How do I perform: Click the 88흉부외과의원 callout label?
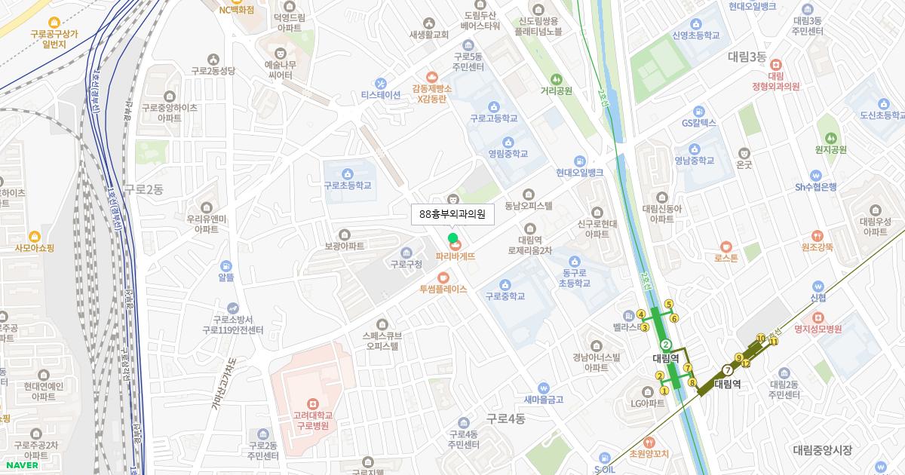click(452, 214)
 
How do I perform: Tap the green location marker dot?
click(453, 239)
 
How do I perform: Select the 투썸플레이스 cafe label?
click(443, 289)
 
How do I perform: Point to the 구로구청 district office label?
click(406, 264)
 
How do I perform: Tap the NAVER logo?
click(20, 464)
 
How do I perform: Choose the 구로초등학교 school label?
click(347, 185)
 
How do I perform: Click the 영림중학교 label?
click(508, 154)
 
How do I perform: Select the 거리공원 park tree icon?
click(557, 79)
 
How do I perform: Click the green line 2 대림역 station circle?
click(666, 345)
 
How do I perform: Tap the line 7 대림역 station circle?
click(727, 370)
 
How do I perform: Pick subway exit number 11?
click(774, 342)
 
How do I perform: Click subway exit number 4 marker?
click(640, 314)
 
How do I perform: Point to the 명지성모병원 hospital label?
click(818, 329)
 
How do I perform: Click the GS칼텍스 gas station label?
click(698, 123)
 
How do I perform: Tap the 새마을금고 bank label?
click(544, 400)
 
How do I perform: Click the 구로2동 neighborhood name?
click(143, 190)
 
